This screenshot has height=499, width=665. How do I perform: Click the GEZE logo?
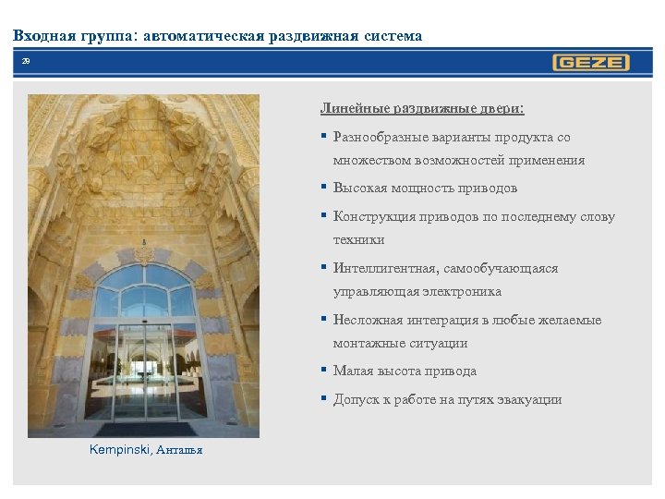(591, 63)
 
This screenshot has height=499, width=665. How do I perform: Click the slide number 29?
(26, 61)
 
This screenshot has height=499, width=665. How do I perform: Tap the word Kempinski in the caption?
(119, 450)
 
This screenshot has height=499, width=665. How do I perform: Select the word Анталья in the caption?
(178, 451)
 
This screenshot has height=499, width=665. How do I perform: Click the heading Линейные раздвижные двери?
(422, 108)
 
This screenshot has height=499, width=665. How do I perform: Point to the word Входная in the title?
(44, 36)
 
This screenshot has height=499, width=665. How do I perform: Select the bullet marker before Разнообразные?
(324, 138)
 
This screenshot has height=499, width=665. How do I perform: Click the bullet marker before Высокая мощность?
(324, 188)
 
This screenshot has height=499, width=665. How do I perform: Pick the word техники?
(359, 240)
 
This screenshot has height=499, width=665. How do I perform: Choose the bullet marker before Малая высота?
(324, 371)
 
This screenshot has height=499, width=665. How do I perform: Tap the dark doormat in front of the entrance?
(146, 430)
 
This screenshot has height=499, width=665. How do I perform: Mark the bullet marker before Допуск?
(324, 400)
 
